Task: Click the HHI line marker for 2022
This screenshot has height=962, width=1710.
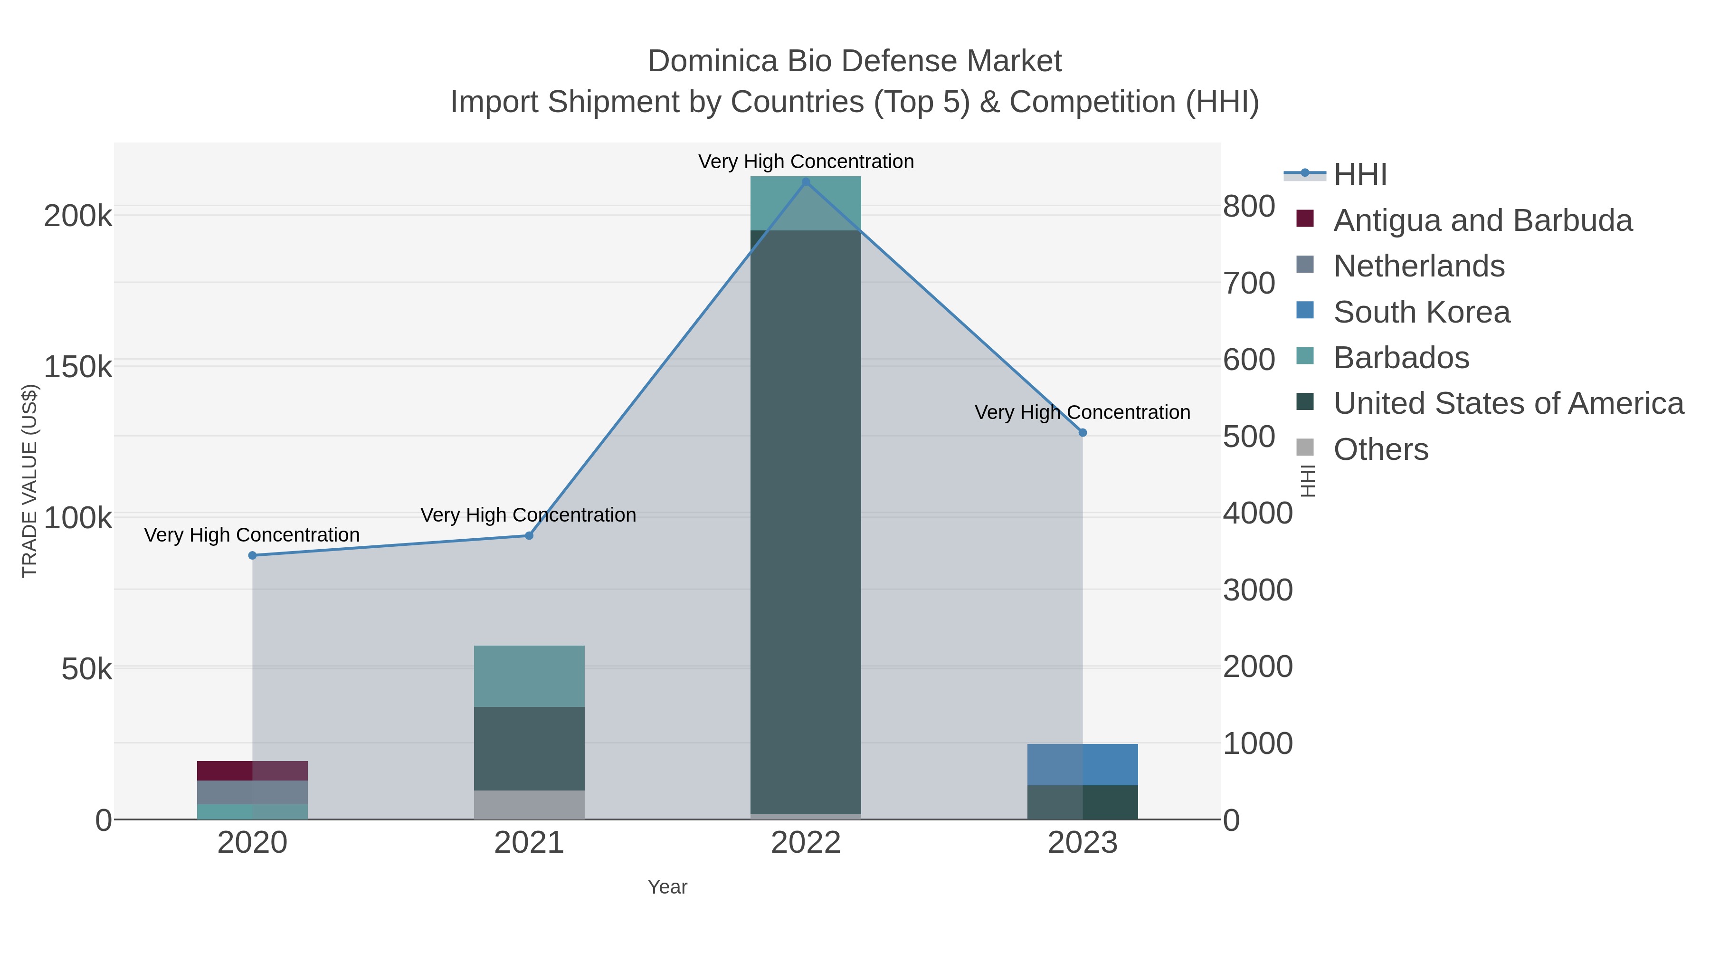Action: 806,182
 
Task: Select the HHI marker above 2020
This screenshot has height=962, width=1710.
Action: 252,556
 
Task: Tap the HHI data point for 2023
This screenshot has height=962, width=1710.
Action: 1083,433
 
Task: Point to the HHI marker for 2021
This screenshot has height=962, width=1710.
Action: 529,536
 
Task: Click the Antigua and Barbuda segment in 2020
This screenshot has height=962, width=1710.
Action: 252,771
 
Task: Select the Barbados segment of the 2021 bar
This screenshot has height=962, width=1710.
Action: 529,676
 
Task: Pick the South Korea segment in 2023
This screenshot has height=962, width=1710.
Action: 1083,764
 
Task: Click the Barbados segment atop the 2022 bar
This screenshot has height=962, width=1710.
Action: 806,203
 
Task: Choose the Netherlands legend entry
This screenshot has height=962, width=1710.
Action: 1418,266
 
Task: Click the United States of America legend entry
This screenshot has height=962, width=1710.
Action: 1508,404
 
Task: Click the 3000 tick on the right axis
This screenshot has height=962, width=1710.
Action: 1257,590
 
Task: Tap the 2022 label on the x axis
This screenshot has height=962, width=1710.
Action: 806,843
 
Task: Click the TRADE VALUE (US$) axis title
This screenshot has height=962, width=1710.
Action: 30,481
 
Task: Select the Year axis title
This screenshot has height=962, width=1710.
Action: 667,887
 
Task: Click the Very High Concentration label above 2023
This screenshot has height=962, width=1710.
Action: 1082,412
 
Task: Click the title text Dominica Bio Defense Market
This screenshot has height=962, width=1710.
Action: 855,61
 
